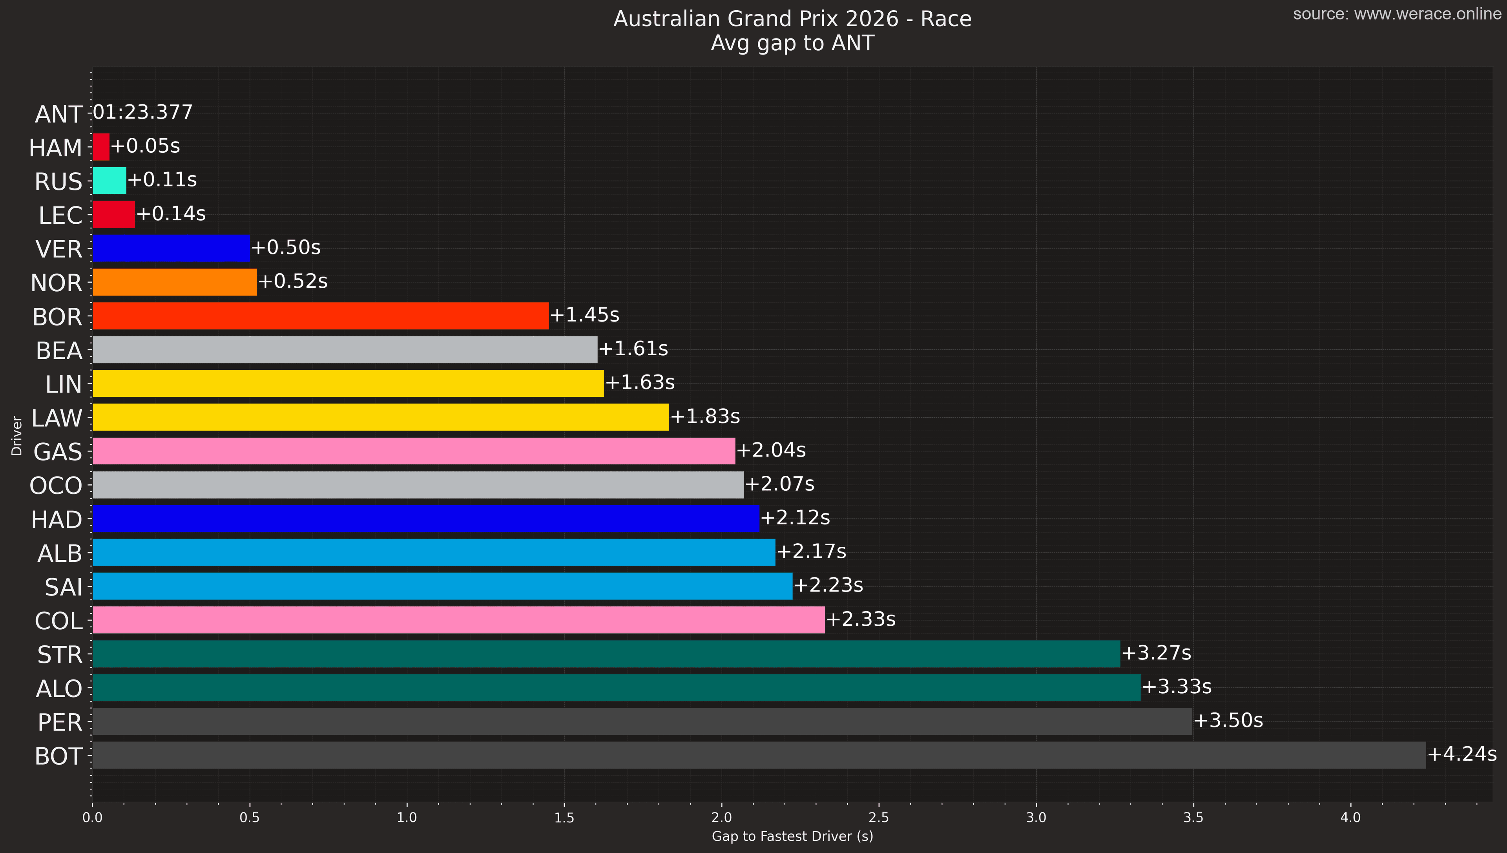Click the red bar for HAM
coord(101,146)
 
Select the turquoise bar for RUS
coord(109,181)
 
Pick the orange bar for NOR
coord(175,282)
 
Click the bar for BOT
coord(759,755)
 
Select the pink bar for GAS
coord(414,451)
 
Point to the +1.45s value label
coord(584,315)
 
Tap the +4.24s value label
coord(1462,754)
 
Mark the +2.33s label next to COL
coord(860,619)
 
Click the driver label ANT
coord(58,114)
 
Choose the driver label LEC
coord(60,216)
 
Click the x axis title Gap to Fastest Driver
coord(792,837)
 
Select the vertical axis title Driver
coord(16,436)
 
